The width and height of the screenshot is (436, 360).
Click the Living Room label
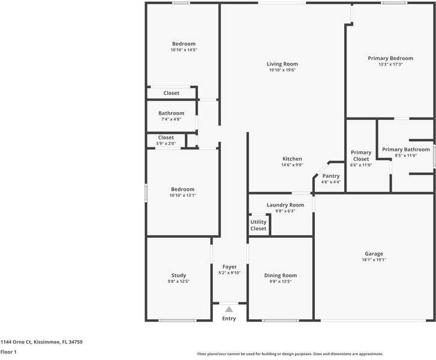point(282,64)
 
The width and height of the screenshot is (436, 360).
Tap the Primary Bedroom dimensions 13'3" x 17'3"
point(390,64)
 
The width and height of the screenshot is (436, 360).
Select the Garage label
point(374,254)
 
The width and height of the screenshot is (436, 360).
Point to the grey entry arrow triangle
point(229,310)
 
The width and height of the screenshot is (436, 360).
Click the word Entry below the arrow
point(229,319)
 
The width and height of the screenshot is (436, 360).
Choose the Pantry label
point(331,176)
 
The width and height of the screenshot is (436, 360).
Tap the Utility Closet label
point(258,225)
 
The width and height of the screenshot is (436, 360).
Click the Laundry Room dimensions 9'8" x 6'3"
point(285,211)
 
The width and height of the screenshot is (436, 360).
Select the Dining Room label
point(281,275)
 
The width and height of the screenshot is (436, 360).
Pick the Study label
point(179,275)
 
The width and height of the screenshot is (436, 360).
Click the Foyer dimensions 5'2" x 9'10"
point(230,273)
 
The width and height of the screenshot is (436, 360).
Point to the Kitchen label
point(292,159)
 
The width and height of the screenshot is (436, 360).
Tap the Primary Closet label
point(361,156)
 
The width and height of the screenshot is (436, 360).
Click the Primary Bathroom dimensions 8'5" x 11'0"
point(406,155)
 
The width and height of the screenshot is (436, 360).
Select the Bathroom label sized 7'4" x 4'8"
point(172,113)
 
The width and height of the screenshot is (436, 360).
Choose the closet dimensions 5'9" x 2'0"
point(166,143)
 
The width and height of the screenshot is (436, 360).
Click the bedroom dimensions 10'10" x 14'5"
point(184,50)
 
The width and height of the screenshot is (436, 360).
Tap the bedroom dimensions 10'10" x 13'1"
point(183,196)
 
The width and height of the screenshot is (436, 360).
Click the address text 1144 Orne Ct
point(16,342)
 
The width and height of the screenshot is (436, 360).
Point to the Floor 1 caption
point(8,352)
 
